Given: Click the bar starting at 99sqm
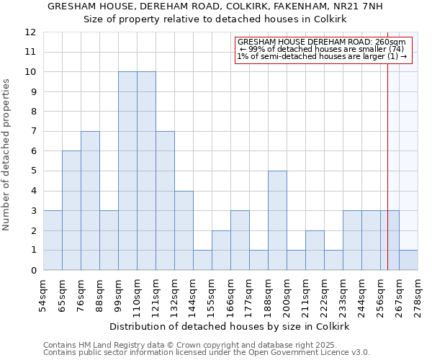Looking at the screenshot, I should pyautogui.click(x=127, y=171).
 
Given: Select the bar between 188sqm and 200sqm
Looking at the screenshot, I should pyautogui.click(x=277, y=220).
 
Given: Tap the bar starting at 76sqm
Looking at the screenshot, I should pyautogui.click(x=90, y=201).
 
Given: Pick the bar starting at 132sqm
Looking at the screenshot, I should pyautogui.click(x=184, y=230).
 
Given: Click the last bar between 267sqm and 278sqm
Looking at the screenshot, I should pyautogui.click(x=408, y=260).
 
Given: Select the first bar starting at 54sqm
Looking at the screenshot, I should pyautogui.click(x=53, y=240).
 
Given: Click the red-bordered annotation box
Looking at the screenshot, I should pyautogui.click(x=323, y=50).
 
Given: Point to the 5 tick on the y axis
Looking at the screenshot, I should pyautogui.click(x=33, y=171).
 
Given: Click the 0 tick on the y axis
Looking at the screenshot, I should pyautogui.click(x=33, y=271).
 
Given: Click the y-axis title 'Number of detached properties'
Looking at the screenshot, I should pyautogui.click(x=6, y=155).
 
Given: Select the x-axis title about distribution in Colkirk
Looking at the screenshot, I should pyautogui.click(x=230, y=326).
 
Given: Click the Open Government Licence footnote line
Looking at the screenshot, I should pyautogui.click(x=207, y=353).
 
